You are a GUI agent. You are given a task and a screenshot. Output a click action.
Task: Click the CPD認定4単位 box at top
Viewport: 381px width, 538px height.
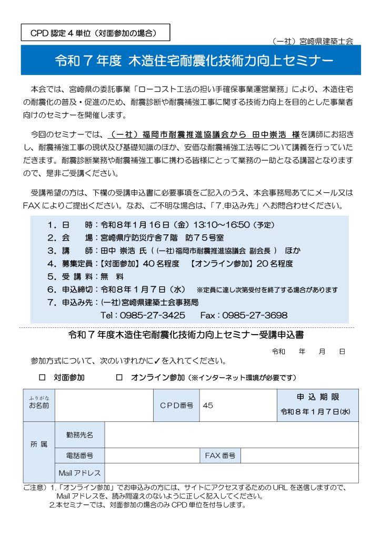coord(96,33)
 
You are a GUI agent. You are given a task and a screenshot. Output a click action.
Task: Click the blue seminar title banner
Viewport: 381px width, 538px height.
coord(190,60)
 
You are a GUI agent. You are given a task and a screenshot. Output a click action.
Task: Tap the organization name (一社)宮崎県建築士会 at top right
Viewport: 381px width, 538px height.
coord(314,40)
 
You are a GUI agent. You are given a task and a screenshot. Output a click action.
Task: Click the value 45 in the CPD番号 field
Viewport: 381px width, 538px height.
coord(208,406)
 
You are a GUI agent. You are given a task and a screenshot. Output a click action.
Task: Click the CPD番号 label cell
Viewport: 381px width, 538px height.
coord(176,406)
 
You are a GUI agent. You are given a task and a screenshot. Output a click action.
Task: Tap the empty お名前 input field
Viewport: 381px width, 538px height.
coord(104,406)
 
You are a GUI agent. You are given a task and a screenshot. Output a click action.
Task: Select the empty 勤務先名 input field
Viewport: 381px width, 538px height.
coord(232,435)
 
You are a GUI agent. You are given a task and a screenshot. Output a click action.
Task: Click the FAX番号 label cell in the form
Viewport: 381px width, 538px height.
coord(220,456)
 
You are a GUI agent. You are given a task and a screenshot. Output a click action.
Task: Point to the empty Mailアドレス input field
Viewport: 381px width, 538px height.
coord(232,473)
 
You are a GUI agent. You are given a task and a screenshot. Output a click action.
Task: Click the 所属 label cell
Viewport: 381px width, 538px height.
coord(39,444)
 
